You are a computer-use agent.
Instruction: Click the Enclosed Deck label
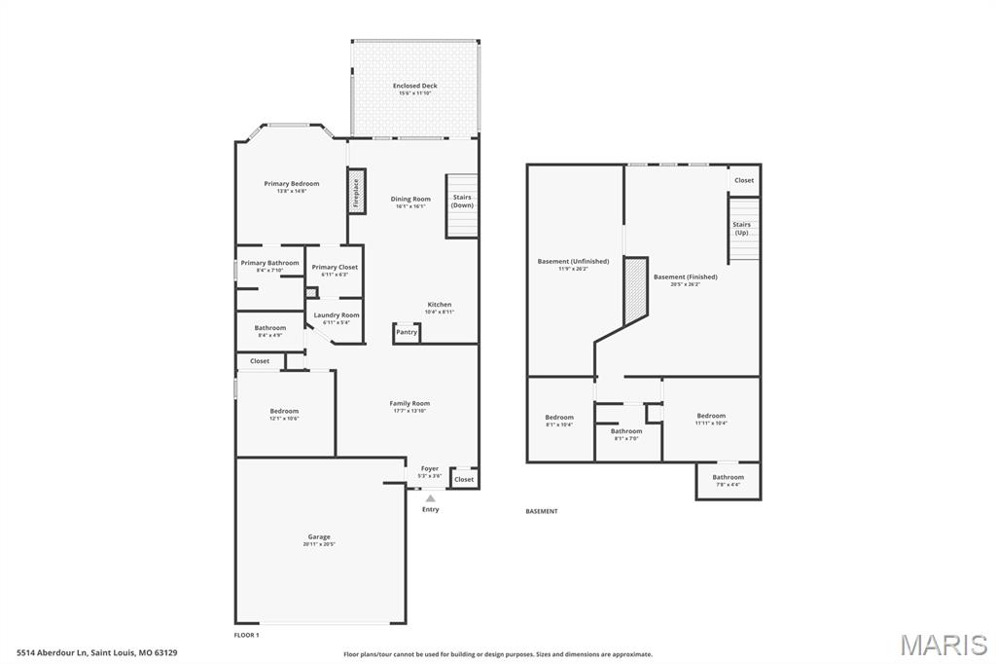415,86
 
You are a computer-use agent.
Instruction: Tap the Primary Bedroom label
292,183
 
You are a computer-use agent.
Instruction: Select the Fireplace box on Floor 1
356,193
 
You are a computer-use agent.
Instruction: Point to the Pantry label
407,332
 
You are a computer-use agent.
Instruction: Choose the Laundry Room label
336,315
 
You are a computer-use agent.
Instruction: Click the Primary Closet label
335,267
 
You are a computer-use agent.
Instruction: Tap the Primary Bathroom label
269,263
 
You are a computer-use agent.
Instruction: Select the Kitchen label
440,305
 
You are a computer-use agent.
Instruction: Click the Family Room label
409,403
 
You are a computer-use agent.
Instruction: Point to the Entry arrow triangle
430,498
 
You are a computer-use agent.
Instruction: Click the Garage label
319,536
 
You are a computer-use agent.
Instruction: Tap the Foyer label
429,468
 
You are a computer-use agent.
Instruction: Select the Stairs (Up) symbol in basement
742,230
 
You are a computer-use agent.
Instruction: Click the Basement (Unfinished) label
573,261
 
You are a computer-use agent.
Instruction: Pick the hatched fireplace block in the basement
635,288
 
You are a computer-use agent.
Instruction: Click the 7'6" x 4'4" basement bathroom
728,479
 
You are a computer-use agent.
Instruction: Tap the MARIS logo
943,645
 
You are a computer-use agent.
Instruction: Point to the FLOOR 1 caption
246,635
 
